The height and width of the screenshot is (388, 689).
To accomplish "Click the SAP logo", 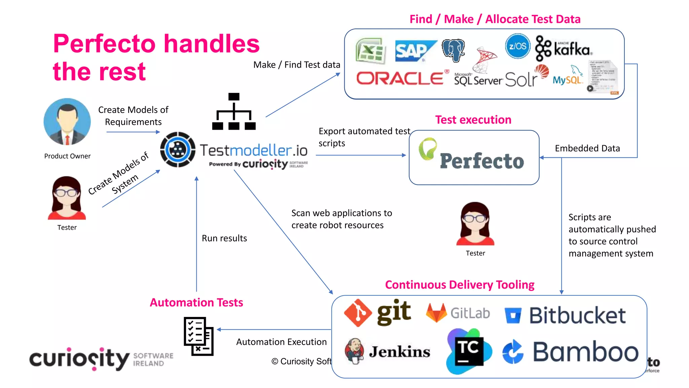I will pyautogui.click(x=414, y=51).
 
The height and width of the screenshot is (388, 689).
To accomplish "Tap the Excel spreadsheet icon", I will pyautogui.click(x=370, y=51).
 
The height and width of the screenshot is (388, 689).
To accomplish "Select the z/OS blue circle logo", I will pyautogui.click(x=517, y=46).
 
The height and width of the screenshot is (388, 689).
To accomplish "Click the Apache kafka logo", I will pyautogui.click(x=564, y=49).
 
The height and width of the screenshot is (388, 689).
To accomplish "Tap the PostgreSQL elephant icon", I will pyautogui.click(x=454, y=50).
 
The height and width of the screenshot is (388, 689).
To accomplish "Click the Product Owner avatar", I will pyautogui.click(x=67, y=122).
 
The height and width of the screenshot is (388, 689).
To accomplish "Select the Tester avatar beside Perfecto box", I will pyautogui.click(x=475, y=224).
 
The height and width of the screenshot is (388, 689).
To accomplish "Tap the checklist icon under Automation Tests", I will pyautogui.click(x=198, y=336).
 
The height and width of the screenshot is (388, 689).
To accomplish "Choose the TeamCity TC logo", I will pyautogui.click(x=469, y=351).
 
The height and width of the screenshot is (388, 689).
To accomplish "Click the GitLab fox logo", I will pyautogui.click(x=436, y=313).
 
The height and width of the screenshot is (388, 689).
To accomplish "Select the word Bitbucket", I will pyautogui.click(x=577, y=316).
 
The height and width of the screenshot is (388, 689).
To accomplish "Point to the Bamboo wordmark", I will pyautogui.click(x=585, y=352).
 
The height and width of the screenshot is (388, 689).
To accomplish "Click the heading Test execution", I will pyautogui.click(x=473, y=120).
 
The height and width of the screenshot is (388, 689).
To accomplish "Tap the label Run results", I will pyautogui.click(x=224, y=238).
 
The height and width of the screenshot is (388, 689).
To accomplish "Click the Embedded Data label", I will pyautogui.click(x=587, y=149).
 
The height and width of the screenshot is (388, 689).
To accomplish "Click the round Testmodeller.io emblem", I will pyautogui.click(x=178, y=150).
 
